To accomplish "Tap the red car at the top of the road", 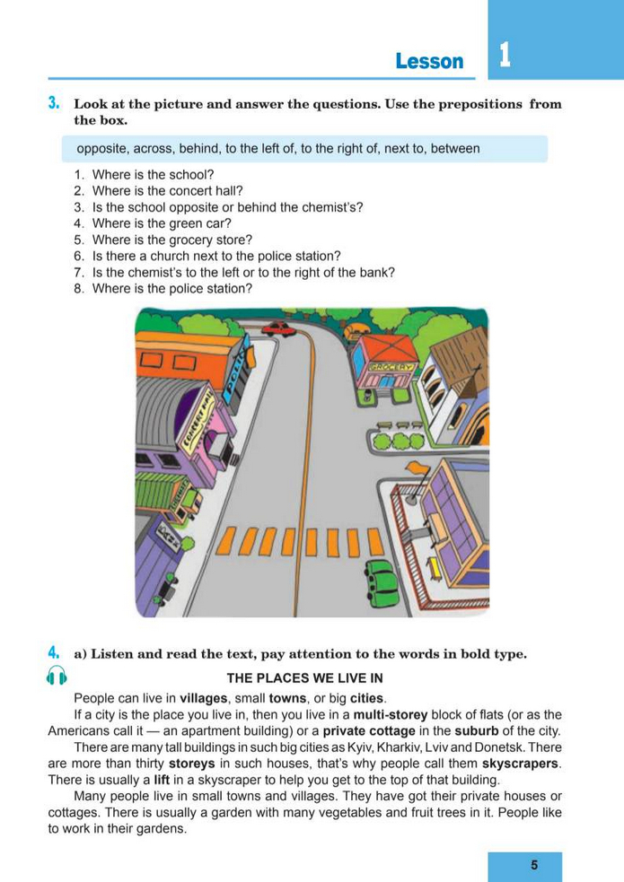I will click(x=279, y=329).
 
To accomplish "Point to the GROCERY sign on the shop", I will click(x=392, y=368).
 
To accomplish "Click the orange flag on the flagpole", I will click(x=417, y=468).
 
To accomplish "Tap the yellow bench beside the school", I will click(x=435, y=566).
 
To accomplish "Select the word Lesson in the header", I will click(x=429, y=61).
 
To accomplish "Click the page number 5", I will click(x=534, y=865).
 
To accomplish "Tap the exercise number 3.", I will click(x=54, y=104).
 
